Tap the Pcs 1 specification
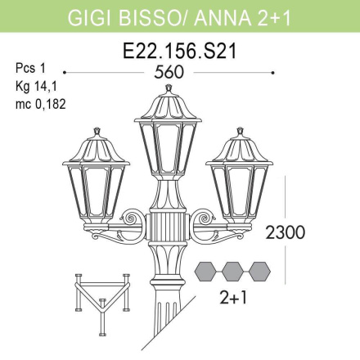tap(30, 68)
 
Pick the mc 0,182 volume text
tap(41, 104)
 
